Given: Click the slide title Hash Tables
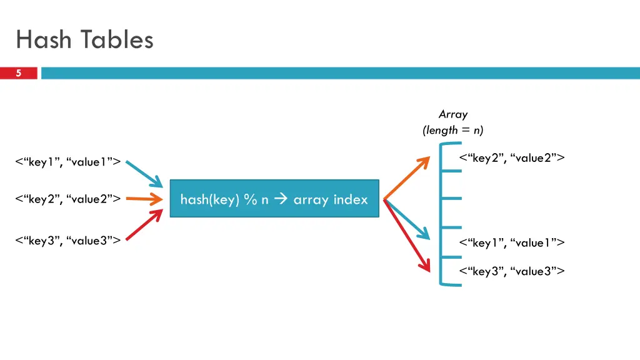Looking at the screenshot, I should click(x=84, y=40).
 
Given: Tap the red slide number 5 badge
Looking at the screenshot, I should click(x=19, y=73).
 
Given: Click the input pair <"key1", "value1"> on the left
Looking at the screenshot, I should click(x=68, y=162).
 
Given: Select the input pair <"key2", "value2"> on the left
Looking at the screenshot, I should click(x=68, y=199).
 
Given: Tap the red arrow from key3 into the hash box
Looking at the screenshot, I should click(x=145, y=225).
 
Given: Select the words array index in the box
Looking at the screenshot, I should click(x=331, y=199).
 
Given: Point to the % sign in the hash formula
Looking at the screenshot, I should click(x=251, y=199).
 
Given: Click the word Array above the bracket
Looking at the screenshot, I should click(x=452, y=114).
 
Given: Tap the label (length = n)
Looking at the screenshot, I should click(x=452, y=130).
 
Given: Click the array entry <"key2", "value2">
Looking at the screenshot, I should click(x=512, y=157).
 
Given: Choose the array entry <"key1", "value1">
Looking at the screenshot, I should click(x=512, y=242).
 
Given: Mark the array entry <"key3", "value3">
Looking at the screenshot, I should click(x=512, y=271).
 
